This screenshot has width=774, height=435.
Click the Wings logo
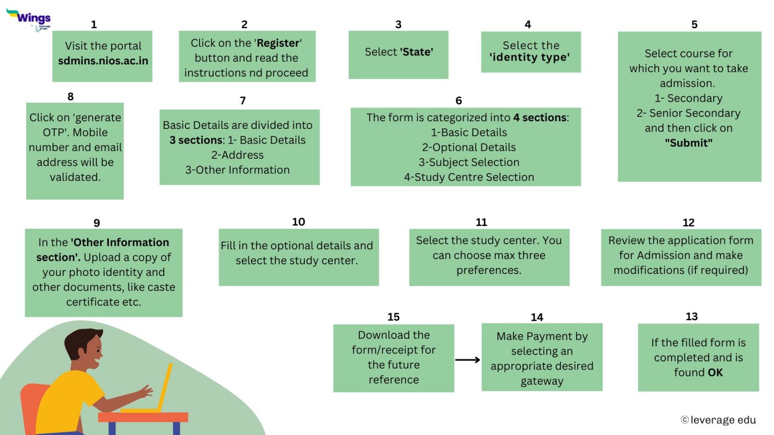click(x=29, y=18)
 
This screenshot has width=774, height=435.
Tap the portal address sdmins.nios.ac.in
click(x=103, y=61)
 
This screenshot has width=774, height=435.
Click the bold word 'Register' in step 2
click(x=278, y=43)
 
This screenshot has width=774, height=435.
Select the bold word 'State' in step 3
click(x=416, y=52)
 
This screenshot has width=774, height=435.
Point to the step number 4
click(x=528, y=24)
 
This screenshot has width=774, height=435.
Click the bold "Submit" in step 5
click(x=688, y=143)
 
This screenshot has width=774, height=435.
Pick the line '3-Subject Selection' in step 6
click(x=469, y=162)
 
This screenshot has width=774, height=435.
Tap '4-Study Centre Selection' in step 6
click(x=469, y=177)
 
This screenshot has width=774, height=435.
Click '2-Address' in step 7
click(x=237, y=155)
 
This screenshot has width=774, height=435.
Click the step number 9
click(x=97, y=223)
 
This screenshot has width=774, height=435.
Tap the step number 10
click(x=298, y=222)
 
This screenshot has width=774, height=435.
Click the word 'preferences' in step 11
click(x=488, y=270)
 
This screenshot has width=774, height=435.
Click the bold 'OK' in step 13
click(x=715, y=373)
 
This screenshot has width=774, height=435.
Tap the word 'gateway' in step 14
click(x=542, y=381)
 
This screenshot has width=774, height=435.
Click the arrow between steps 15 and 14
click(x=467, y=360)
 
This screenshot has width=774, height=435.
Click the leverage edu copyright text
click(x=719, y=420)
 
